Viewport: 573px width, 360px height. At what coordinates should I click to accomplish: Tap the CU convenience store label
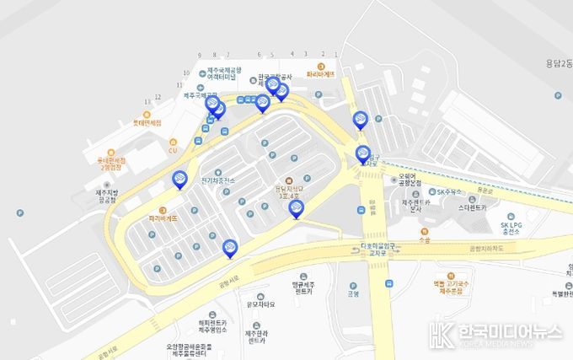tap(173, 150)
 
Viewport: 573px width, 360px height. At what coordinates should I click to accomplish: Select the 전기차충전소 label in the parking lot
tap(218, 180)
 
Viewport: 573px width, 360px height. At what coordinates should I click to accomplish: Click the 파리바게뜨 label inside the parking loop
tap(163, 218)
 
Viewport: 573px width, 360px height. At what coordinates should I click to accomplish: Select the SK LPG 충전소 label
tap(512, 230)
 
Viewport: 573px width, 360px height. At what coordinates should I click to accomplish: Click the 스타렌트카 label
tap(473, 206)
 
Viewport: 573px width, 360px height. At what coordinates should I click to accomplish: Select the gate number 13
tap(147, 100)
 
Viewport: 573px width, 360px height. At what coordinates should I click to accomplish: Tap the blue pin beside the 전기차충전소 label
tap(179, 180)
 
